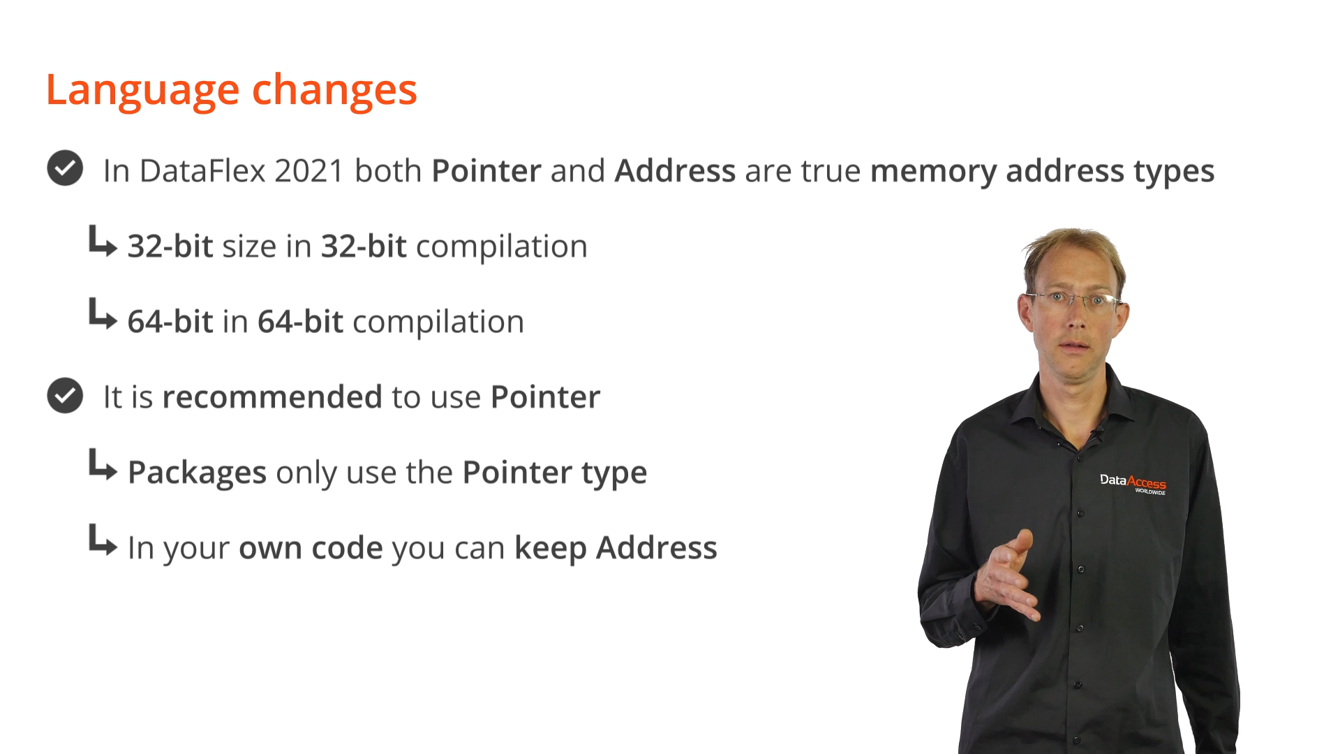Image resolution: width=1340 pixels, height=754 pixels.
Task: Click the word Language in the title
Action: point(142,91)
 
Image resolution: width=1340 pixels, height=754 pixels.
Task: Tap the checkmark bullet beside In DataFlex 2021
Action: point(65,168)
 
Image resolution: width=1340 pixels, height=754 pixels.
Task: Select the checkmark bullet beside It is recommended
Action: point(65,395)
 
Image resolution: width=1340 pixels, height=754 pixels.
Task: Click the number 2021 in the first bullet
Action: point(309,171)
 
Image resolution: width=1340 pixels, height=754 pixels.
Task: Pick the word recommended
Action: point(272,397)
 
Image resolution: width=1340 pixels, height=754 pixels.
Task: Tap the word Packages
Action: point(197,473)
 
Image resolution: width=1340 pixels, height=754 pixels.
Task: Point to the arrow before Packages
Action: point(103,465)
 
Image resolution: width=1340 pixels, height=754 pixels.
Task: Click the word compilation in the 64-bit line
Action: point(438,323)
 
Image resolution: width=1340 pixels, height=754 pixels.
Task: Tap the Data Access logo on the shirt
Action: point(1133,483)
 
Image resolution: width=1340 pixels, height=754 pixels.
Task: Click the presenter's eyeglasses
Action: point(1075,300)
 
